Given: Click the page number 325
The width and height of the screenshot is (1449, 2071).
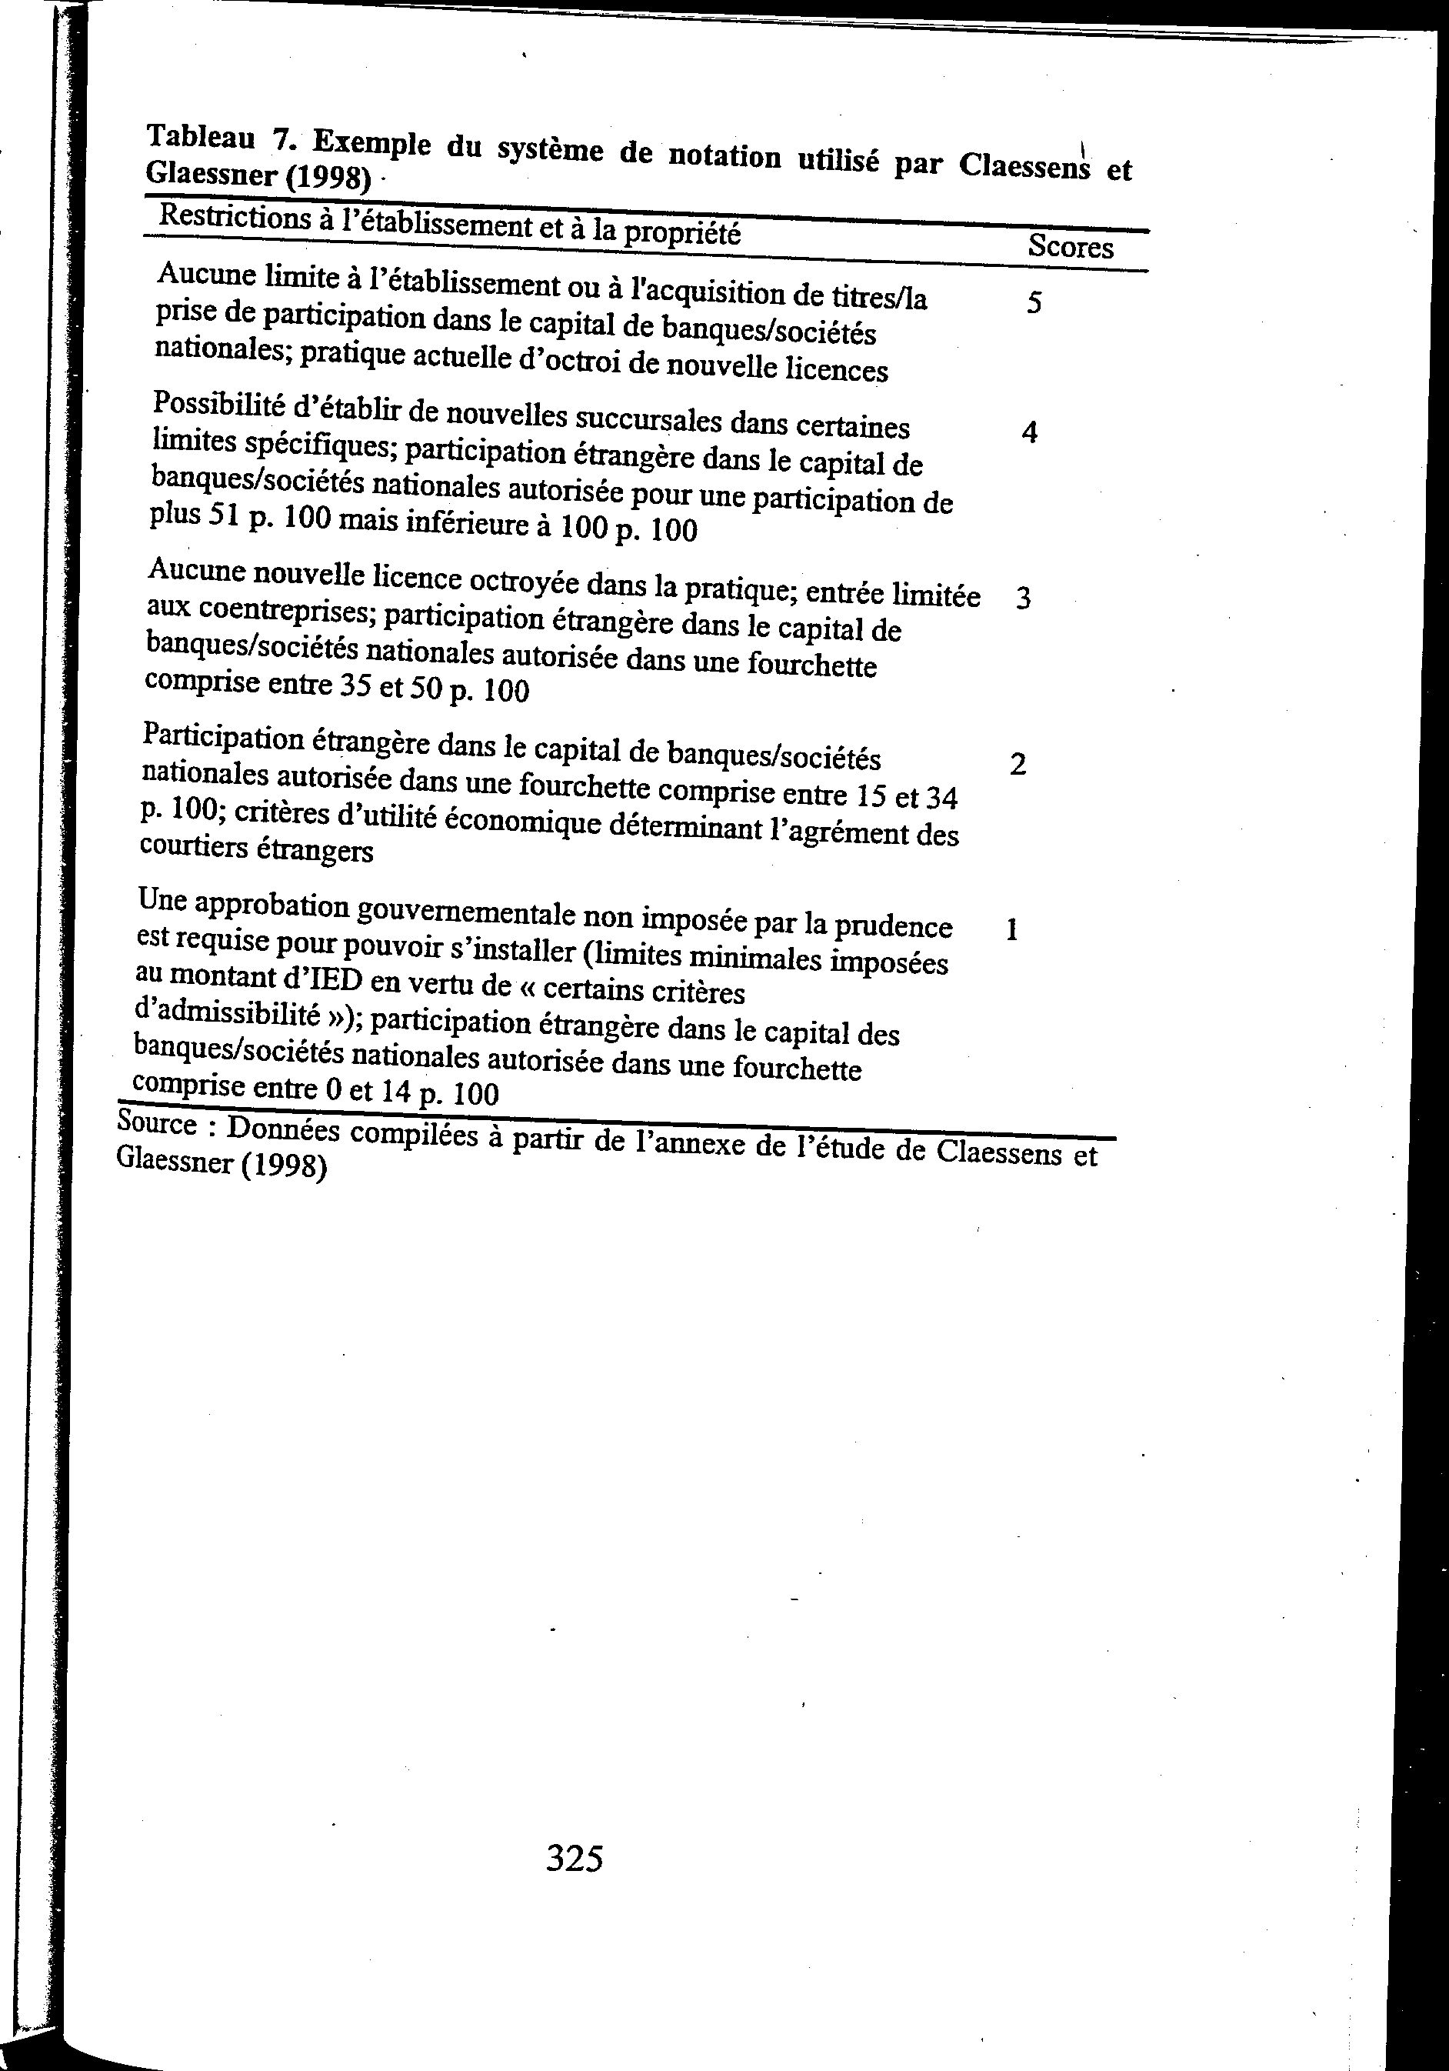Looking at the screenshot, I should tap(575, 1859).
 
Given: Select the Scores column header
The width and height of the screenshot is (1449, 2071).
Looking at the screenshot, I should tap(1071, 246).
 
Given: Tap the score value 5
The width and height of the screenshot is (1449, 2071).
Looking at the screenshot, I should tap(1034, 302).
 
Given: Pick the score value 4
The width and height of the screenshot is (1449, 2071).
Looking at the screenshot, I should tap(1030, 433).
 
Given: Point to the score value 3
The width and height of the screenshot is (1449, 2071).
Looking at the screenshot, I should tap(1022, 598).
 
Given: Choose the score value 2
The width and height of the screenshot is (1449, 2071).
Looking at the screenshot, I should tap(1018, 765).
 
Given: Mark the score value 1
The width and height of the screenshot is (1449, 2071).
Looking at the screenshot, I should tap(1011, 929).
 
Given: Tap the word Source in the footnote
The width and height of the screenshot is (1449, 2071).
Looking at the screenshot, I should tap(157, 1124).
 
